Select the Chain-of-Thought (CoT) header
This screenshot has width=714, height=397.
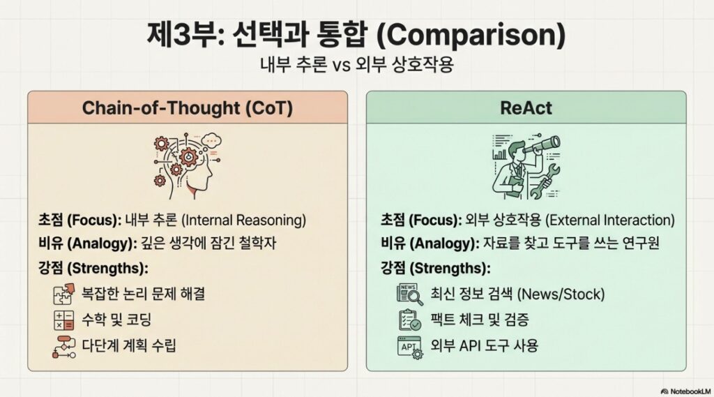click(x=187, y=107)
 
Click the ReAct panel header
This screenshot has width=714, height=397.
click(x=526, y=107)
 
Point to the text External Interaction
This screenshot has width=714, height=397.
click(x=608, y=220)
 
